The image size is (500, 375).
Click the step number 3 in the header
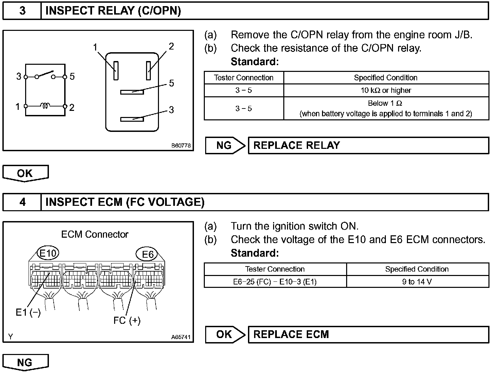coord(22,11)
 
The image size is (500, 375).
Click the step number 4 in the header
coord(22,202)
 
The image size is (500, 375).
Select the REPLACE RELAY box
coord(368,145)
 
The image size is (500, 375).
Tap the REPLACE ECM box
coord(368,334)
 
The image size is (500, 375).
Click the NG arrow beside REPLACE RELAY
coord(225,145)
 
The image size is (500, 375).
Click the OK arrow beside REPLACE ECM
coord(225,334)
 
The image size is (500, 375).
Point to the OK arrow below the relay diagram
coord(25,173)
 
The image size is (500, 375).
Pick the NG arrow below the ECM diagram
coord(25,362)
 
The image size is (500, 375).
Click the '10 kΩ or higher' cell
coord(386,91)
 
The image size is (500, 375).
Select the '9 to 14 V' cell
coord(417,282)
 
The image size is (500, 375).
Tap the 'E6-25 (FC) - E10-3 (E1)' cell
coord(275,282)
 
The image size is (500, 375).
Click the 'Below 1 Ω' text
coord(385,103)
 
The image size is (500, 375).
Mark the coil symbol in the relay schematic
coord(45,106)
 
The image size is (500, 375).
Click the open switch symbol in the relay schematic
coord(45,75)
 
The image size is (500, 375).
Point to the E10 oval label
coord(48,253)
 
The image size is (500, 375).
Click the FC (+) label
coord(127,320)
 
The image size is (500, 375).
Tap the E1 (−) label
coord(28,312)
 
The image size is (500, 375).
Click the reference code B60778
coord(181,146)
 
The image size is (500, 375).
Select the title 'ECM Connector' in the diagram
coord(95,234)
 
